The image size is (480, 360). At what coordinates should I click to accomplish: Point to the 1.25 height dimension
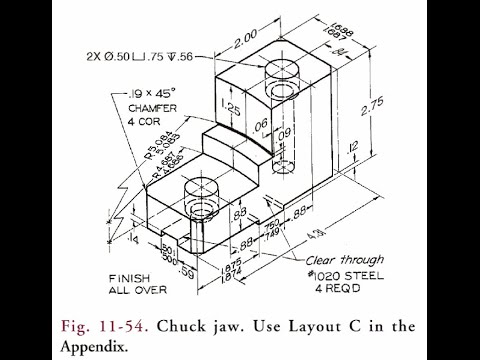[x=229, y=106]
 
